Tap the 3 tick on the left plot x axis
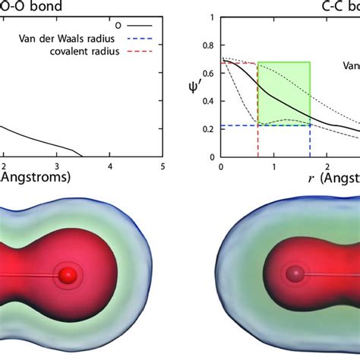pyautogui.click(x=57, y=166)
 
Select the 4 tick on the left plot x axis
pyautogui.click(x=110, y=166)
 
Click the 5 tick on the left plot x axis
pyautogui.click(x=163, y=166)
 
